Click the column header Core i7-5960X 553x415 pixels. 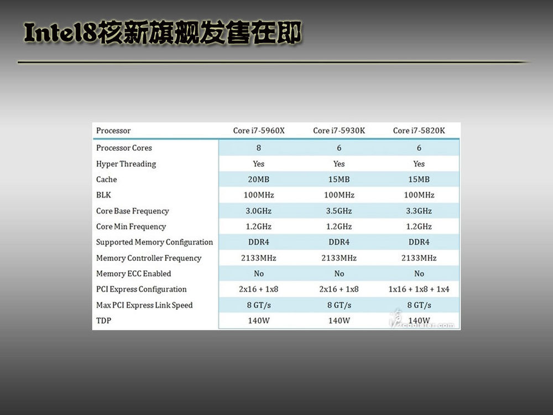pyautogui.click(x=259, y=131)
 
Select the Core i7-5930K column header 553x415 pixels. pyautogui.click(x=339, y=131)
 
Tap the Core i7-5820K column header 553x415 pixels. pyautogui.click(x=419, y=131)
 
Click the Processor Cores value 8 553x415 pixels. pyautogui.click(x=258, y=148)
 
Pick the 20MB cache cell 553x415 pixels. pyautogui.click(x=258, y=179)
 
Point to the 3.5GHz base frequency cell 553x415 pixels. pyautogui.click(x=339, y=211)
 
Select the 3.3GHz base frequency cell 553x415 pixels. pyautogui.click(x=419, y=211)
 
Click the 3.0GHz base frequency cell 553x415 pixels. pyautogui.click(x=258, y=211)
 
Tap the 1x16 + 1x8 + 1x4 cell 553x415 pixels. pyautogui.click(x=419, y=289)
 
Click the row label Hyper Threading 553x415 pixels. pyautogui.click(x=126, y=164)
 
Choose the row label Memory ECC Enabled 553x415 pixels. pyautogui.click(x=134, y=273)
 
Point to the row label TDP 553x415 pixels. pyautogui.click(x=104, y=321)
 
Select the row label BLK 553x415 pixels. pyautogui.click(x=104, y=195)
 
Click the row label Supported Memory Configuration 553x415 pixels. pyautogui.click(x=154, y=242)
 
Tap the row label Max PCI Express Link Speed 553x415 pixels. pyautogui.click(x=144, y=305)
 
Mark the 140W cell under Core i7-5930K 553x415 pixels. pyautogui.click(x=339, y=321)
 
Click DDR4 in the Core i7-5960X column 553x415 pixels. pyautogui.click(x=258, y=242)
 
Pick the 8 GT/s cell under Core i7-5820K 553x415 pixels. pyautogui.click(x=419, y=305)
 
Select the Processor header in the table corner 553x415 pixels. pyautogui.click(x=113, y=131)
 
